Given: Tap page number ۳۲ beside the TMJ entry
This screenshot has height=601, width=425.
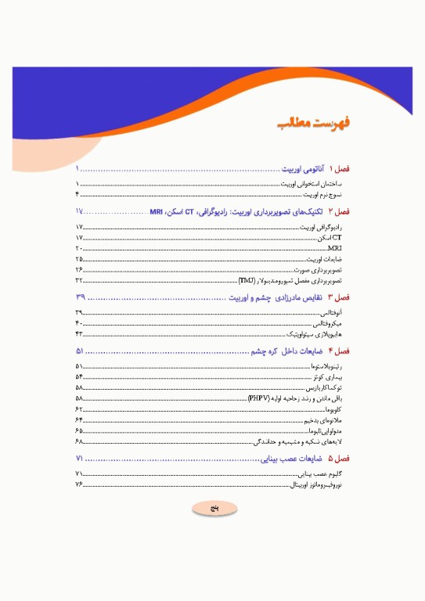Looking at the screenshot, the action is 79,279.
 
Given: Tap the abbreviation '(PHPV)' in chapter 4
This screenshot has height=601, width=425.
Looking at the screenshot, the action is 259,398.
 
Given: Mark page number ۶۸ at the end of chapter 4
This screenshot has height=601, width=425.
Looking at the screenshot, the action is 79,441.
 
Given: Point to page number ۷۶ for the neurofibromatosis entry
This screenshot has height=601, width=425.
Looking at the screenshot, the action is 79,485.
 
